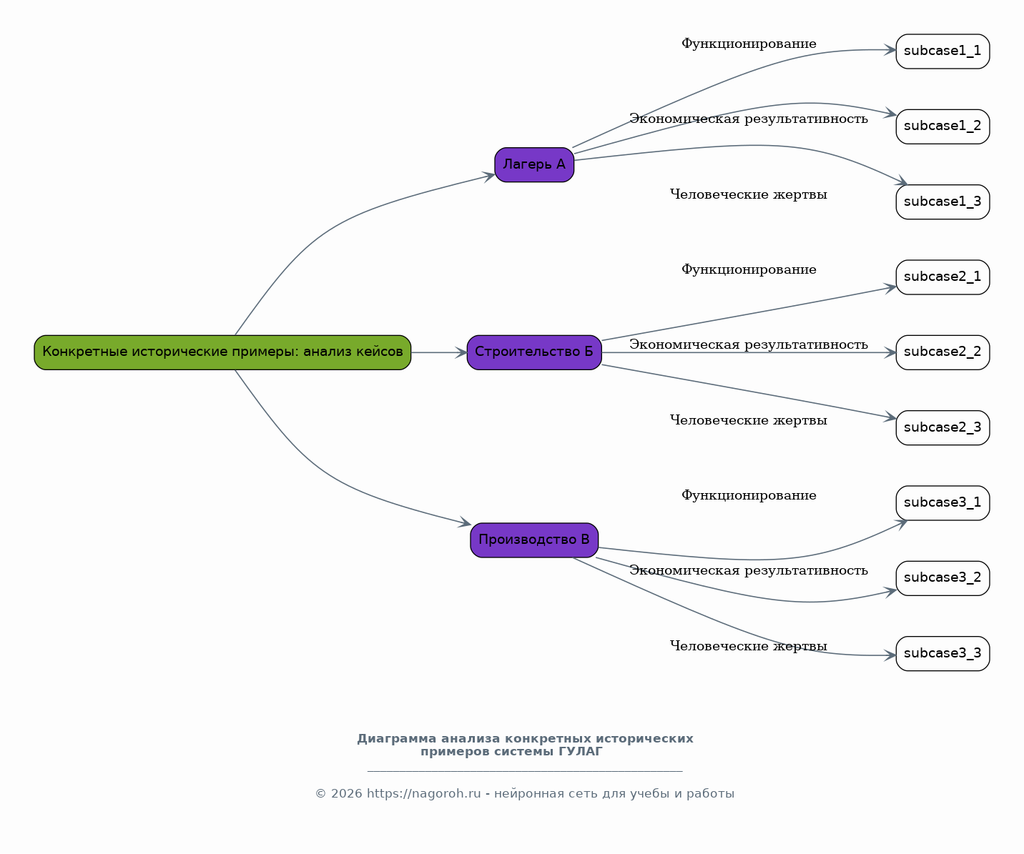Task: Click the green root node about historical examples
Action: click(222, 352)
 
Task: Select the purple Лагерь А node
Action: click(534, 164)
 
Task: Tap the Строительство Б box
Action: click(534, 352)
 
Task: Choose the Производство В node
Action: click(534, 540)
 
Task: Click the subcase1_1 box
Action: click(942, 51)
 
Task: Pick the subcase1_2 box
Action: click(942, 126)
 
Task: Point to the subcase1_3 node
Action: click(942, 202)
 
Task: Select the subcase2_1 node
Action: click(942, 277)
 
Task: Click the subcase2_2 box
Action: click(942, 352)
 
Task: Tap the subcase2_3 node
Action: click(942, 428)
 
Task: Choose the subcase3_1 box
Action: click(942, 503)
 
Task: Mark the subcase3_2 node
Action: click(942, 578)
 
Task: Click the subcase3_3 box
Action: click(942, 653)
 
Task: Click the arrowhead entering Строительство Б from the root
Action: click(461, 352)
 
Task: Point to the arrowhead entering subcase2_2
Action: click(890, 352)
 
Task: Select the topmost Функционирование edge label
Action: click(749, 44)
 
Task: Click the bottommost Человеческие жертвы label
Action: click(749, 646)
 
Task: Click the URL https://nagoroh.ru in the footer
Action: click(424, 794)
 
